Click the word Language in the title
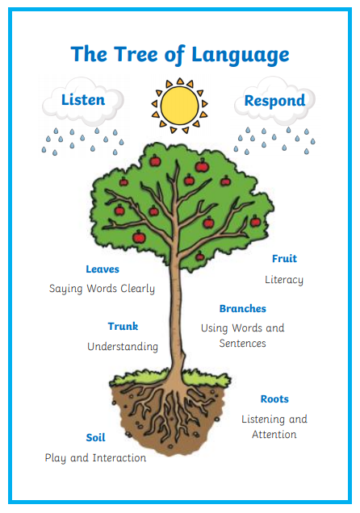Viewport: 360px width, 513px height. (241, 56)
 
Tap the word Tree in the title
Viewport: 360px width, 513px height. (136, 54)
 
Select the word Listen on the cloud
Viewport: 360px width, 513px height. (83, 100)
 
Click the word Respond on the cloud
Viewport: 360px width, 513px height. (274, 101)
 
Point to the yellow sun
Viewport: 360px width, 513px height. (180, 106)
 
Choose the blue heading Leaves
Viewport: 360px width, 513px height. (103, 269)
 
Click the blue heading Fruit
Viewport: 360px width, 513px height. (284, 259)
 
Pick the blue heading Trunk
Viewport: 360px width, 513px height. (123, 326)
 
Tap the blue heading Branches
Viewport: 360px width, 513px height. (242, 308)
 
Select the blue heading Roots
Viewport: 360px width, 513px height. (274, 399)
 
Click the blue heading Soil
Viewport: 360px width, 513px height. (95, 438)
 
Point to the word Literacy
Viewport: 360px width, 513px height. (284, 280)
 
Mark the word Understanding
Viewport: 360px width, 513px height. (123, 347)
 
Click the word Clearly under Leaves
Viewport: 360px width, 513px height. (137, 289)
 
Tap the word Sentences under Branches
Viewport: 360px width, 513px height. (242, 343)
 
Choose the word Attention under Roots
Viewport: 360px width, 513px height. (274, 435)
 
